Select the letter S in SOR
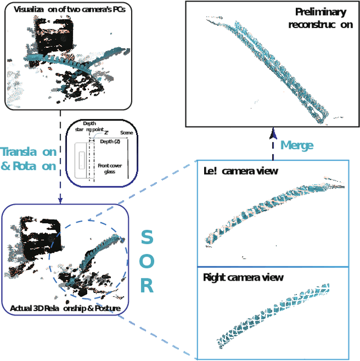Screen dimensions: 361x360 click(146, 237)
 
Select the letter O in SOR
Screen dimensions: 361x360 click(146, 261)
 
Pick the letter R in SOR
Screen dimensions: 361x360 click(146, 286)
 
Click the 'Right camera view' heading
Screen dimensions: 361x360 click(243, 277)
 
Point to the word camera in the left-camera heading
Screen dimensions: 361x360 click(242, 172)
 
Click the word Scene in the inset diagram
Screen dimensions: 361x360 click(127, 133)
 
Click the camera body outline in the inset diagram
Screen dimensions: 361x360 click(82, 160)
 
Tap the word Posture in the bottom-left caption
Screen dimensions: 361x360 click(106, 308)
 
